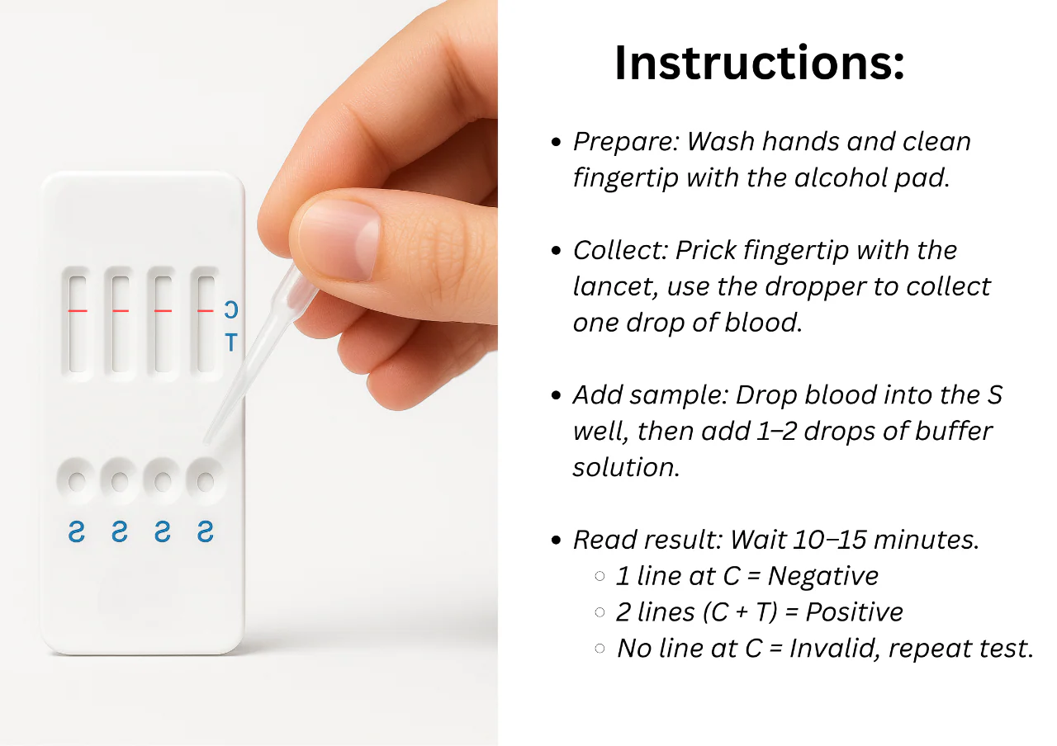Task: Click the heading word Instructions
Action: point(759,63)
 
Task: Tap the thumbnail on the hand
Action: point(339,240)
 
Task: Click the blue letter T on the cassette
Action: point(231,342)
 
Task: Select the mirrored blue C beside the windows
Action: point(231,309)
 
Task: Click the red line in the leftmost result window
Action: point(78,311)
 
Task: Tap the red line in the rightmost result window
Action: point(206,311)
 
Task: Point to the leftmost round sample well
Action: point(77,481)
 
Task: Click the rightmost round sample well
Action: point(206,481)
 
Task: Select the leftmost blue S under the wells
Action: point(77,531)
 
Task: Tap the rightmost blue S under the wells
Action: point(206,531)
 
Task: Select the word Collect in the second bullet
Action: point(620,250)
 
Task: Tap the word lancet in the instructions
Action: point(615,286)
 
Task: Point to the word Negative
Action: point(823,576)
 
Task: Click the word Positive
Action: point(854,612)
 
